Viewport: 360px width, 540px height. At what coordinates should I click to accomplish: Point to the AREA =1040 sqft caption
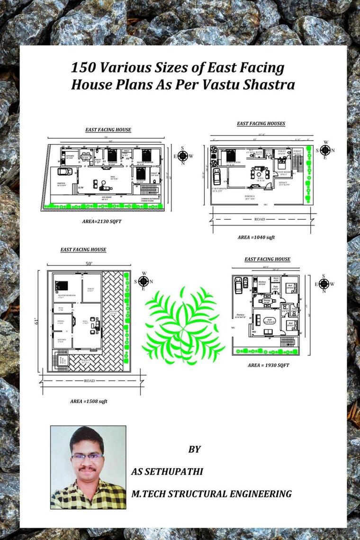point(256,237)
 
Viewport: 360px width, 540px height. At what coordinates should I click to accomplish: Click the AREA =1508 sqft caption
point(89,401)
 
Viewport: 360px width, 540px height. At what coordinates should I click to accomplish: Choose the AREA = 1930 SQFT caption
point(268,365)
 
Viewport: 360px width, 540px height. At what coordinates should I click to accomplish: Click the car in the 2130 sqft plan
point(64,171)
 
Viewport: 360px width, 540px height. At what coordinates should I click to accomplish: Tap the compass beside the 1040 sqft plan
point(325,150)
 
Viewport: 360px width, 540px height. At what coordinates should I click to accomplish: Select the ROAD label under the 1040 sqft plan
point(259,219)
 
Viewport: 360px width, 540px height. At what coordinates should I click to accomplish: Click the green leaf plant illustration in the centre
point(183,325)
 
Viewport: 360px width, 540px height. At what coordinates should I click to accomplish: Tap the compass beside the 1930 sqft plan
point(324,284)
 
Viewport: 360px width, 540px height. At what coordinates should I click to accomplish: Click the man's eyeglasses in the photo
point(87,457)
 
